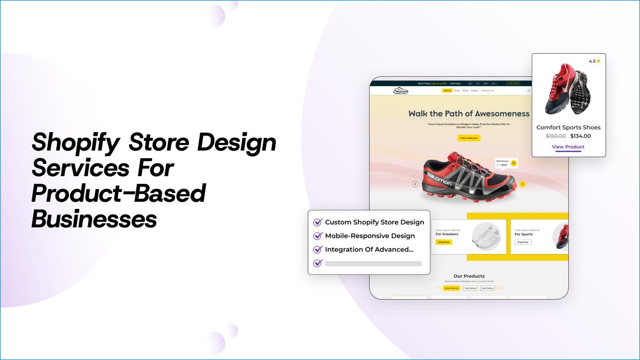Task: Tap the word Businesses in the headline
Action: click(94, 219)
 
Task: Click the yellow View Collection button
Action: click(469, 138)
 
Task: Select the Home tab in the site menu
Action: click(447, 91)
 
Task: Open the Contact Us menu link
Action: click(487, 91)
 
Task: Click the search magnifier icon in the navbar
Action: click(529, 91)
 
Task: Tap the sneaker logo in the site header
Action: click(400, 91)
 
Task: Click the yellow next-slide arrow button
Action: click(522, 184)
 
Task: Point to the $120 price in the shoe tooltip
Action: click(504, 165)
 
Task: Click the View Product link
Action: click(568, 147)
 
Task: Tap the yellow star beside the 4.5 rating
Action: click(599, 61)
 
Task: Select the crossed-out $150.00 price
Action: click(556, 136)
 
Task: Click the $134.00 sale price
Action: click(581, 136)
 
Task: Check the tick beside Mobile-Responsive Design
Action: click(317, 236)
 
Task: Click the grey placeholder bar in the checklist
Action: click(373, 264)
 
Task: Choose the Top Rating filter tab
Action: click(470, 288)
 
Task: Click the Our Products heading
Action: click(469, 276)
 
